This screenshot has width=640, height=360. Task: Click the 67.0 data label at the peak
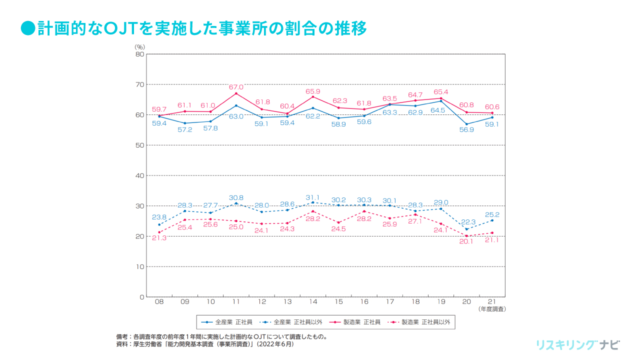point(236,87)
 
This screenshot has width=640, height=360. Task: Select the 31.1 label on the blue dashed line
point(313,197)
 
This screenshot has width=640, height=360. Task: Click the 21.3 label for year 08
point(159,238)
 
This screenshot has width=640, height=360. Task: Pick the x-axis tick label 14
point(313,302)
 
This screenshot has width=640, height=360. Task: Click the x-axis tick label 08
point(159,302)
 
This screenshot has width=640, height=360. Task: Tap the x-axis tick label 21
point(492,302)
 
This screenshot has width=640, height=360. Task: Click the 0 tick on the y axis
point(142,297)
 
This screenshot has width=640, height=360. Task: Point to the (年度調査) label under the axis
point(492,309)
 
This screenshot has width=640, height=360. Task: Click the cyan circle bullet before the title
point(28,28)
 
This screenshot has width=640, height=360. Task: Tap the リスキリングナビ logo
point(577,345)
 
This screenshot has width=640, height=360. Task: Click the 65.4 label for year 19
point(441,92)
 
